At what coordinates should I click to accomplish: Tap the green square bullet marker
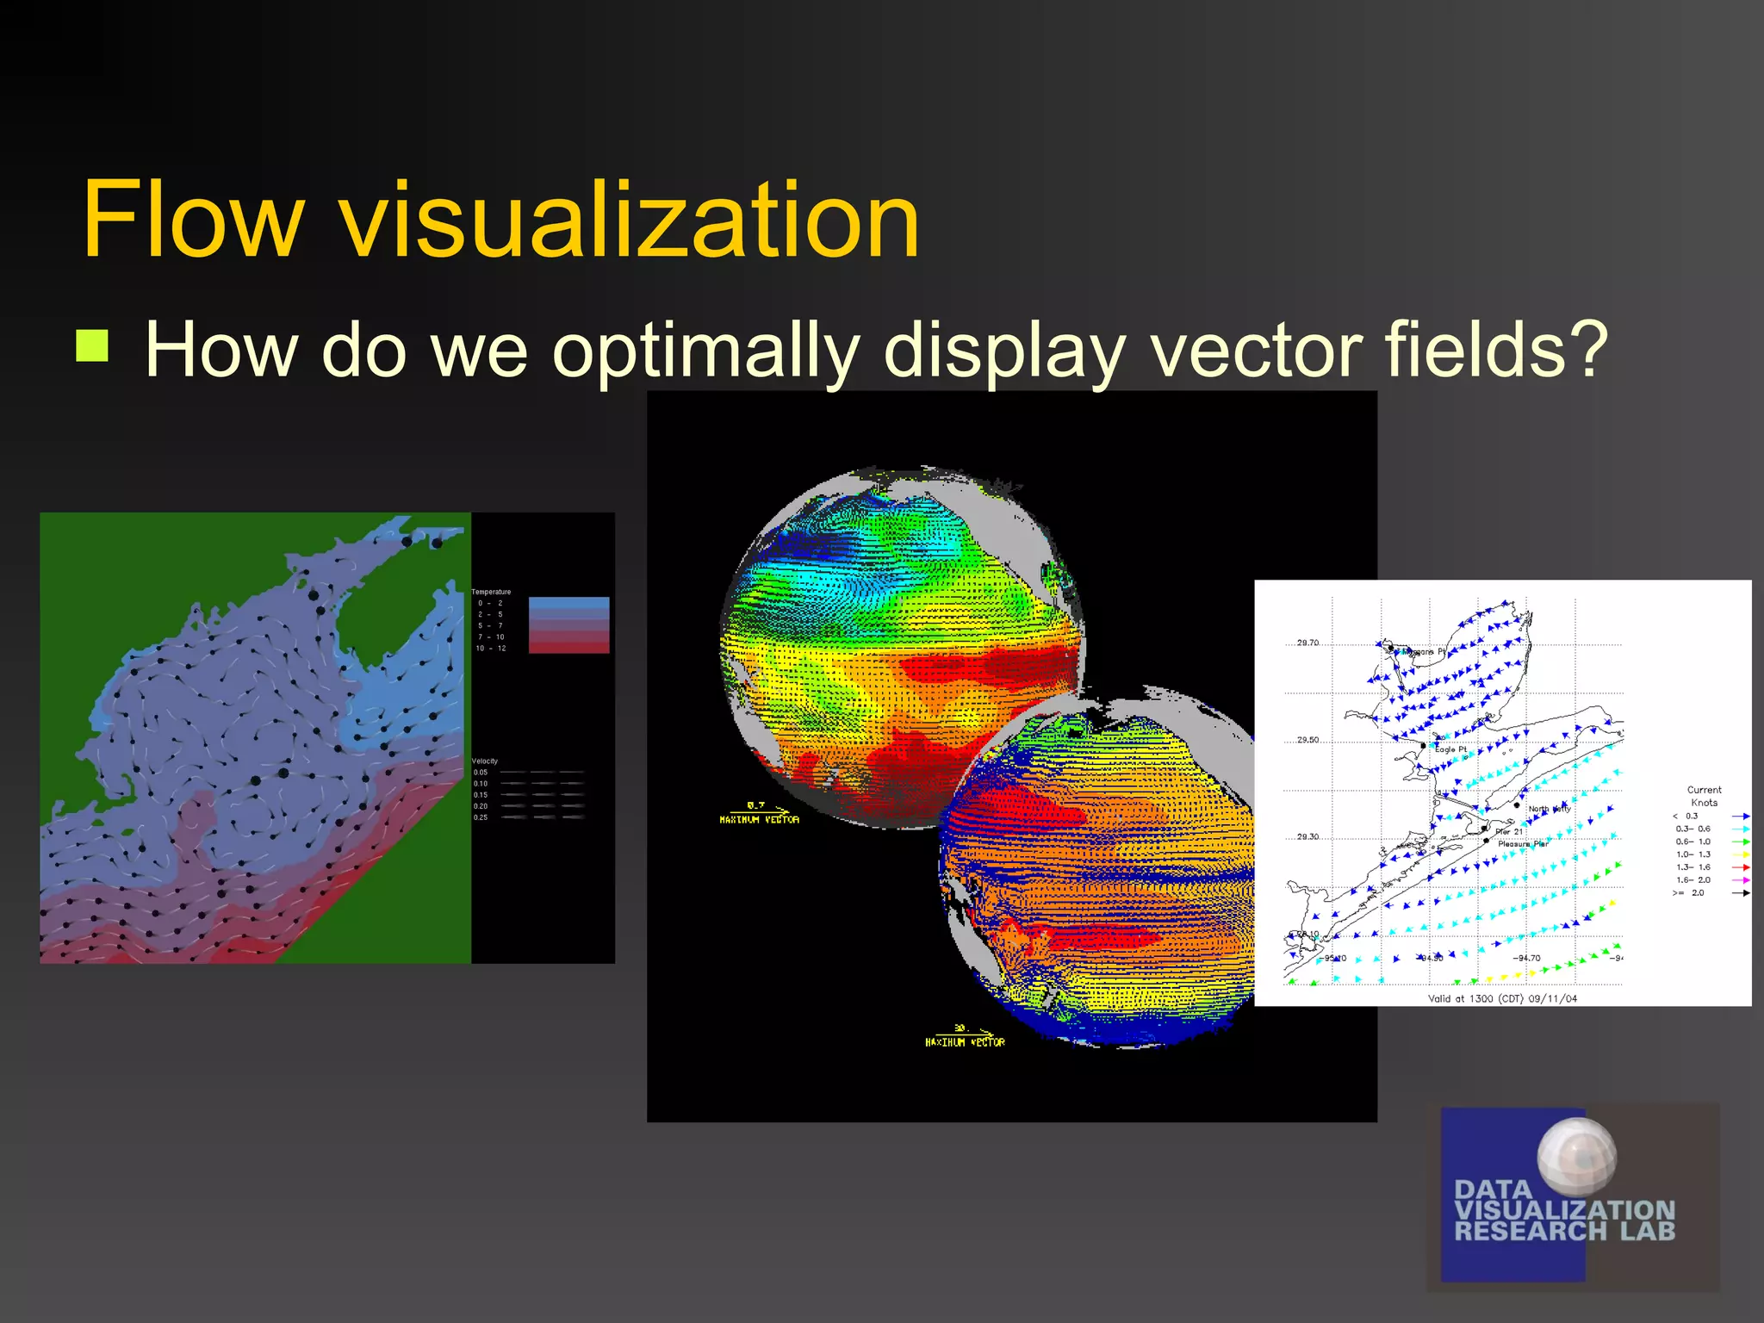click(x=92, y=346)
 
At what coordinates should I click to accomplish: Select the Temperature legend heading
click(x=491, y=592)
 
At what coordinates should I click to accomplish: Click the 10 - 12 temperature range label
click(x=491, y=649)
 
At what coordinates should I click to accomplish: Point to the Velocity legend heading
click(x=485, y=761)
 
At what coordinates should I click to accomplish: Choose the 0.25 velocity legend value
click(x=481, y=817)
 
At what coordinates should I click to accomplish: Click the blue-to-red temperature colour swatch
click(x=568, y=625)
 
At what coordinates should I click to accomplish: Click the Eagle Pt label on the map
click(x=1450, y=749)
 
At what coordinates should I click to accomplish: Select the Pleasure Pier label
click(x=1523, y=844)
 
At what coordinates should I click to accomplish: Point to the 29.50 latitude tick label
click(x=1307, y=740)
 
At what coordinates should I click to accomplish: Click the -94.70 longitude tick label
click(x=1529, y=958)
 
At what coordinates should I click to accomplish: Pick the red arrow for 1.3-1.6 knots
click(x=1740, y=867)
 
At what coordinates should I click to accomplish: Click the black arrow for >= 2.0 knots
click(x=1740, y=893)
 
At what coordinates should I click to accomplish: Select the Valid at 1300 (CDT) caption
click(x=1502, y=999)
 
